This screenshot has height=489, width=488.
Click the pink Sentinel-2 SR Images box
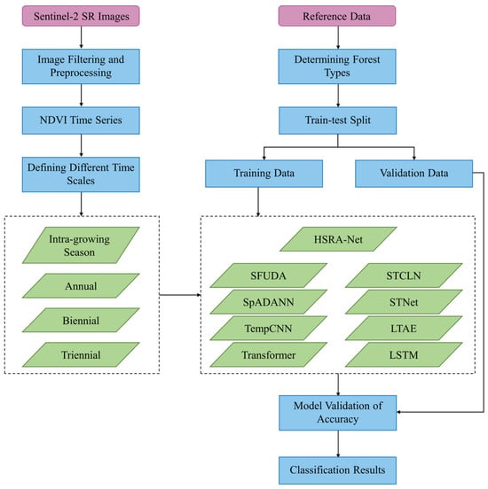tap(81, 16)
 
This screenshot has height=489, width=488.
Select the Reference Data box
tap(337, 16)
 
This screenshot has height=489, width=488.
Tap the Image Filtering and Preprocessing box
tap(81, 66)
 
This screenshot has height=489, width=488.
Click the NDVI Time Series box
tap(81, 120)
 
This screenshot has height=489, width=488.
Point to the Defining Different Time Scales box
tap(81, 175)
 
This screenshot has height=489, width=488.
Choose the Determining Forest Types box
tap(337, 66)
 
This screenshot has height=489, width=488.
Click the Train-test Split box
tap(338, 120)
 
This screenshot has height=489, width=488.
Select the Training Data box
tap(264, 174)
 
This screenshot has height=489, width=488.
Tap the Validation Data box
tap(414, 174)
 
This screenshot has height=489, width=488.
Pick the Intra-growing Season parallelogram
tap(81, 245)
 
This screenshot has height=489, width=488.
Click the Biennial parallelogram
tap(81, 320)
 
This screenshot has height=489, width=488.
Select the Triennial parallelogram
tap(81, 354)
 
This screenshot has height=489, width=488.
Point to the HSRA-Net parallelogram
tap(338, 239)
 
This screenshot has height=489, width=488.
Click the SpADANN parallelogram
tap(268, 301)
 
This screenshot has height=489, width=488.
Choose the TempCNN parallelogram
tap(268, 328)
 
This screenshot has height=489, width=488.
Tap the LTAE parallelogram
tap(404, 328)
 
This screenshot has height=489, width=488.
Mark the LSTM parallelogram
tap(404, 354)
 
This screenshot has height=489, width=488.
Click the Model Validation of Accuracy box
tap(338, 413)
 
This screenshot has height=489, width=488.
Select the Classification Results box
tap(338, 470)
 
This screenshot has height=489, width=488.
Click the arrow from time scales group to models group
tap(180, 295)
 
